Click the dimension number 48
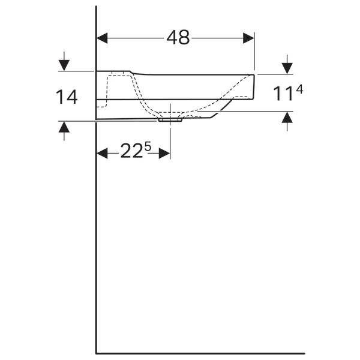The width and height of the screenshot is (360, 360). tap(178, 37)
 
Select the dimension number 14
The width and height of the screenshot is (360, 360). tap(67, 97)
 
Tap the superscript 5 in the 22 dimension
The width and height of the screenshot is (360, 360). tap(148, 146)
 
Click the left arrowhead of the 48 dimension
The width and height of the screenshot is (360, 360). tap(102, 38)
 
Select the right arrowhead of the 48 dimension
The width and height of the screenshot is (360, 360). tap(248, 38)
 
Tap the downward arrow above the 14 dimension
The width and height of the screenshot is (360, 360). tap(64, 61)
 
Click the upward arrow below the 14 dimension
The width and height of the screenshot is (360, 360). tap(64, 131)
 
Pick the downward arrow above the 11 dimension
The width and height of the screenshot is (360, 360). tap(287, 64)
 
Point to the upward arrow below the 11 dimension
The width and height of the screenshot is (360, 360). tap(287, 121)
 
